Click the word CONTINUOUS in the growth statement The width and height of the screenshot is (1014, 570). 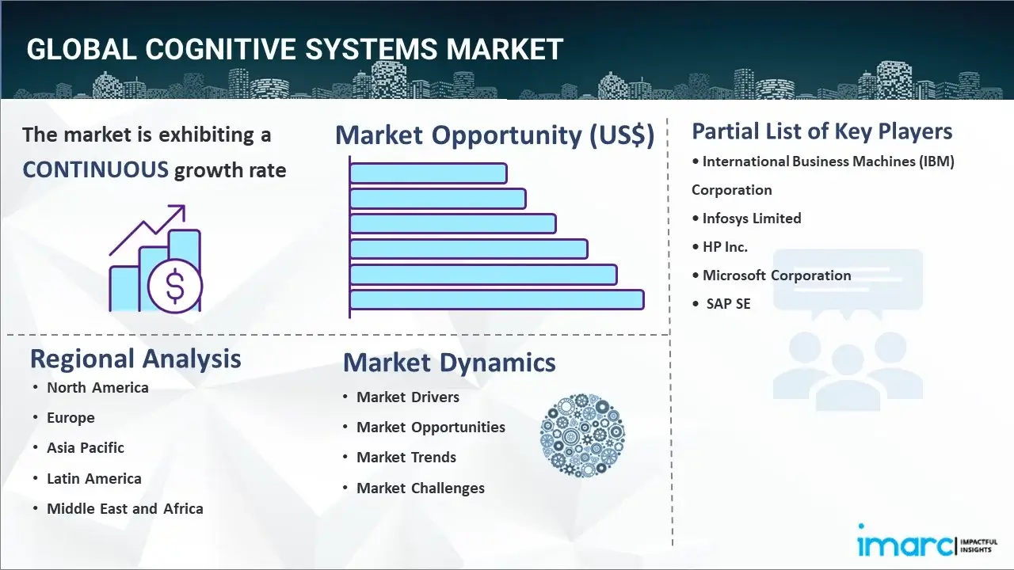(96, 170)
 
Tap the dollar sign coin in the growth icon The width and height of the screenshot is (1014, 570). (175, 287)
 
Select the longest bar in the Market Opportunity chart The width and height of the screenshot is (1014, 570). (497, 300)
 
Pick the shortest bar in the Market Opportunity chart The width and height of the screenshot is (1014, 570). (429, 173)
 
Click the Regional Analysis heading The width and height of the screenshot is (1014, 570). (135, 359)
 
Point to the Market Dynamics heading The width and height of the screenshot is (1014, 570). (449, 363)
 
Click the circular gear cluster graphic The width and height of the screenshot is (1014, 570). (582, 435)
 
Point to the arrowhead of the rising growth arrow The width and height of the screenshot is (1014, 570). (179, 211)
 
